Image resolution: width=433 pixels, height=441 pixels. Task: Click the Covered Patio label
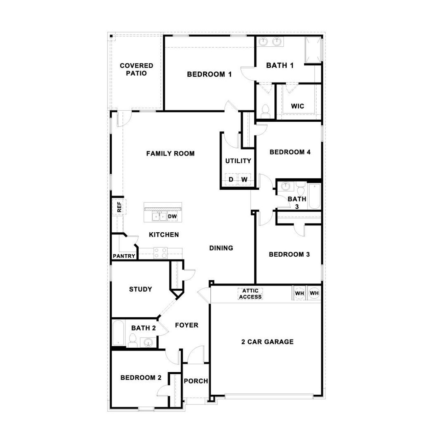[136, 69]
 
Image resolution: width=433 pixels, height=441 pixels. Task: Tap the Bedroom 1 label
[209, 74]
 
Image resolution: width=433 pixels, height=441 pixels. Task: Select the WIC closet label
[297, 106]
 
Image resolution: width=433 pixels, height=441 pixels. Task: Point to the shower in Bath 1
[313, 50]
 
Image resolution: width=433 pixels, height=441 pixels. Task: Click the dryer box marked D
[231, 179]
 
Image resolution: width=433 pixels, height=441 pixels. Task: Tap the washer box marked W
[244, 179]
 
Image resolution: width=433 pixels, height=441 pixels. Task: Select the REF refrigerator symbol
[119, 207]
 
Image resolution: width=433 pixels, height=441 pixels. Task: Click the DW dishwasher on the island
[172, 216]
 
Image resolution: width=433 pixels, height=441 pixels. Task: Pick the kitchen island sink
[159, 216]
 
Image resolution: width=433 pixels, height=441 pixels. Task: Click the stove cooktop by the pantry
[160, 253]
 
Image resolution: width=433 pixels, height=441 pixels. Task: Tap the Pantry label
[124, 256]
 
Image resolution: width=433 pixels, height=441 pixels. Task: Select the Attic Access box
[250, 294]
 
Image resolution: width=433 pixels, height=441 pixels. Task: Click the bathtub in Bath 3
[314, 196]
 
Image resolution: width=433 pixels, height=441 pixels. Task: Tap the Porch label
[196, 381]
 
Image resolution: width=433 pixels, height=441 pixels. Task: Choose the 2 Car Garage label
[267, 342]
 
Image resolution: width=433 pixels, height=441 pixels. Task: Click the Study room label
[140, 289]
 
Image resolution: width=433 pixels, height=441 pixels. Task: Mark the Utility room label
[238, 161]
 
